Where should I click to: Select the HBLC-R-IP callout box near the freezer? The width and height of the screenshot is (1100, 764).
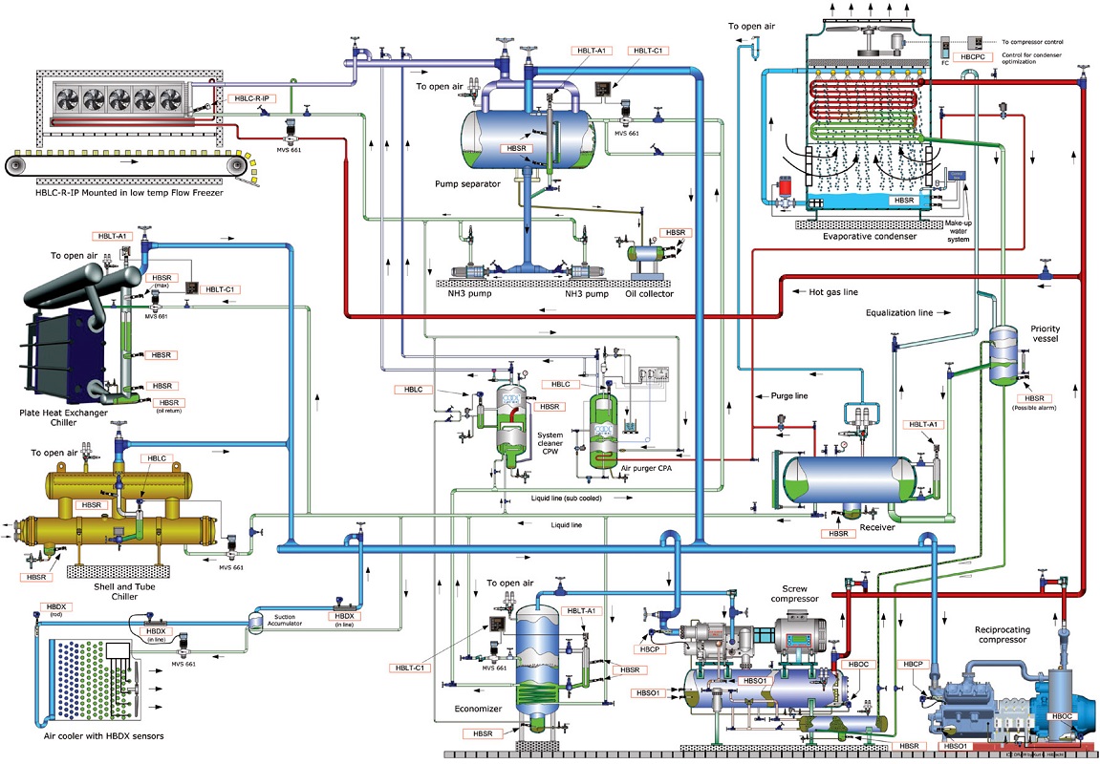(252, 98)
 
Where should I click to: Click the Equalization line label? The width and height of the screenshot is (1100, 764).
(904, 312)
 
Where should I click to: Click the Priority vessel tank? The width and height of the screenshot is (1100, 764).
(1002, 355)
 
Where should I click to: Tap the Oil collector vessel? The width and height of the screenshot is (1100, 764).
(647, 254)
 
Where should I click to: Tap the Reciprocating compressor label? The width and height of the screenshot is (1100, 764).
(1015, 635)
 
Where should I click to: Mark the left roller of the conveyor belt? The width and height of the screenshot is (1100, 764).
(17, 166)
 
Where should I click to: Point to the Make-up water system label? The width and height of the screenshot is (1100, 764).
(959, 231)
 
